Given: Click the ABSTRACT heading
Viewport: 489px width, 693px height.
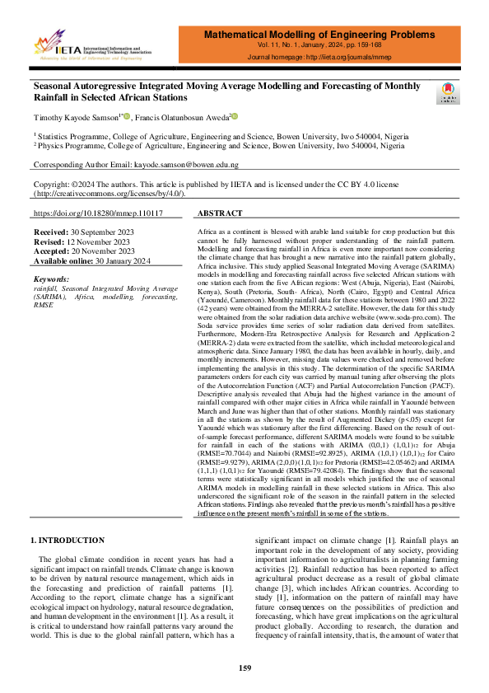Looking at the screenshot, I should (221, 213).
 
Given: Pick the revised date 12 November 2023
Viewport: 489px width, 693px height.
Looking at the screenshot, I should (104, 243).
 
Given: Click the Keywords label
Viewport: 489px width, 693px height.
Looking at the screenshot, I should (52, 279).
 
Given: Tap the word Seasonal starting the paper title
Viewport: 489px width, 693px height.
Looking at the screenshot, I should (59, 85).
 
